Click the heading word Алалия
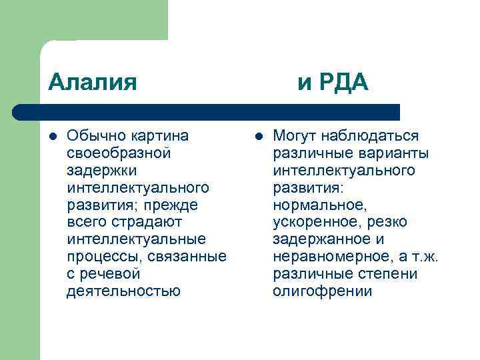(x=93, y=83)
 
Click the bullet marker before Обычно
(x=52, y=137)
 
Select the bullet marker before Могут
(x=258, y=137)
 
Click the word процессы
(x=105, y=257)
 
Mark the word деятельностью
(x=123, y=291)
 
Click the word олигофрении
(x=322, y=291)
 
